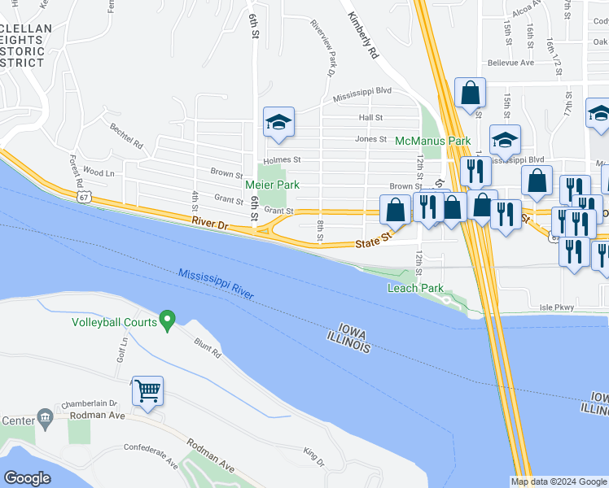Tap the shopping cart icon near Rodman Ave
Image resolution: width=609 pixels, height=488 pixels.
click(147, 390)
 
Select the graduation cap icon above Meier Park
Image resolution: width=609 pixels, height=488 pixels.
click(278, 122)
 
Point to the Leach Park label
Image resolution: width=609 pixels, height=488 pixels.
click(415, 288)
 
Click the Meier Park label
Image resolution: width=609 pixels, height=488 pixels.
click(272, 185)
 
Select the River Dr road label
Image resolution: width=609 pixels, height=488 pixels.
click(208, 221)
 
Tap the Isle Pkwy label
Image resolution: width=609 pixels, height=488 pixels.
click(557, 307)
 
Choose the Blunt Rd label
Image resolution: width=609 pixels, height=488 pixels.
click(207, 349)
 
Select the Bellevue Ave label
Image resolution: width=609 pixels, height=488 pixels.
click(510, 62)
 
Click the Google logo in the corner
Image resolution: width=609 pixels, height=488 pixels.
click(27, 478)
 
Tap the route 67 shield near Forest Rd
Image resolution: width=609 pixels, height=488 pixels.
click(84, 197)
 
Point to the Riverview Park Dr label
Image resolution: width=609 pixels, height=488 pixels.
click(322, 46)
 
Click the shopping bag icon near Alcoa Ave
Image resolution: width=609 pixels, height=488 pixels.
click(470, 94)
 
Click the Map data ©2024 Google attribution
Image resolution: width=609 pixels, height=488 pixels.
click(559, 481)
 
